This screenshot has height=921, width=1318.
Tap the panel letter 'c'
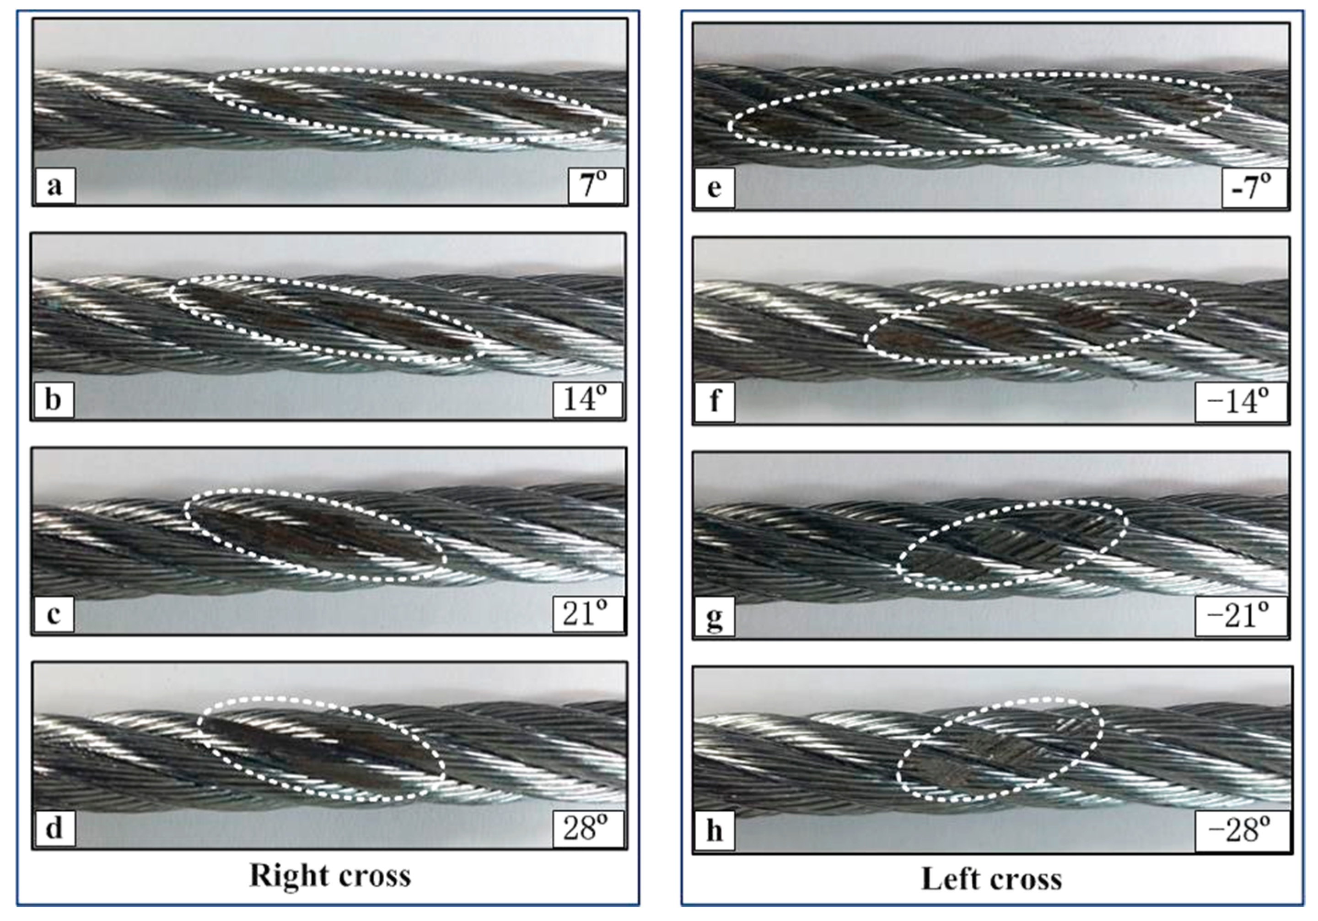[x=54, y=614]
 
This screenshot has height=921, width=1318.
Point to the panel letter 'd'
[x=54, y=828]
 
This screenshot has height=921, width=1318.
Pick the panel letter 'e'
[x=714, y=187]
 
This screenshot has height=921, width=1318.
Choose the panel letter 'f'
[x=714, y=401]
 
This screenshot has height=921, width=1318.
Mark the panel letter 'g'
[x=714, y=618]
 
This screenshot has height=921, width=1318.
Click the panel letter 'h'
[x=714, y=831]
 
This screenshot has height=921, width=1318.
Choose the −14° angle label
[x=1239, y=401]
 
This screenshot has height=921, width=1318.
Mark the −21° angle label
[x=1239, y=617]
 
